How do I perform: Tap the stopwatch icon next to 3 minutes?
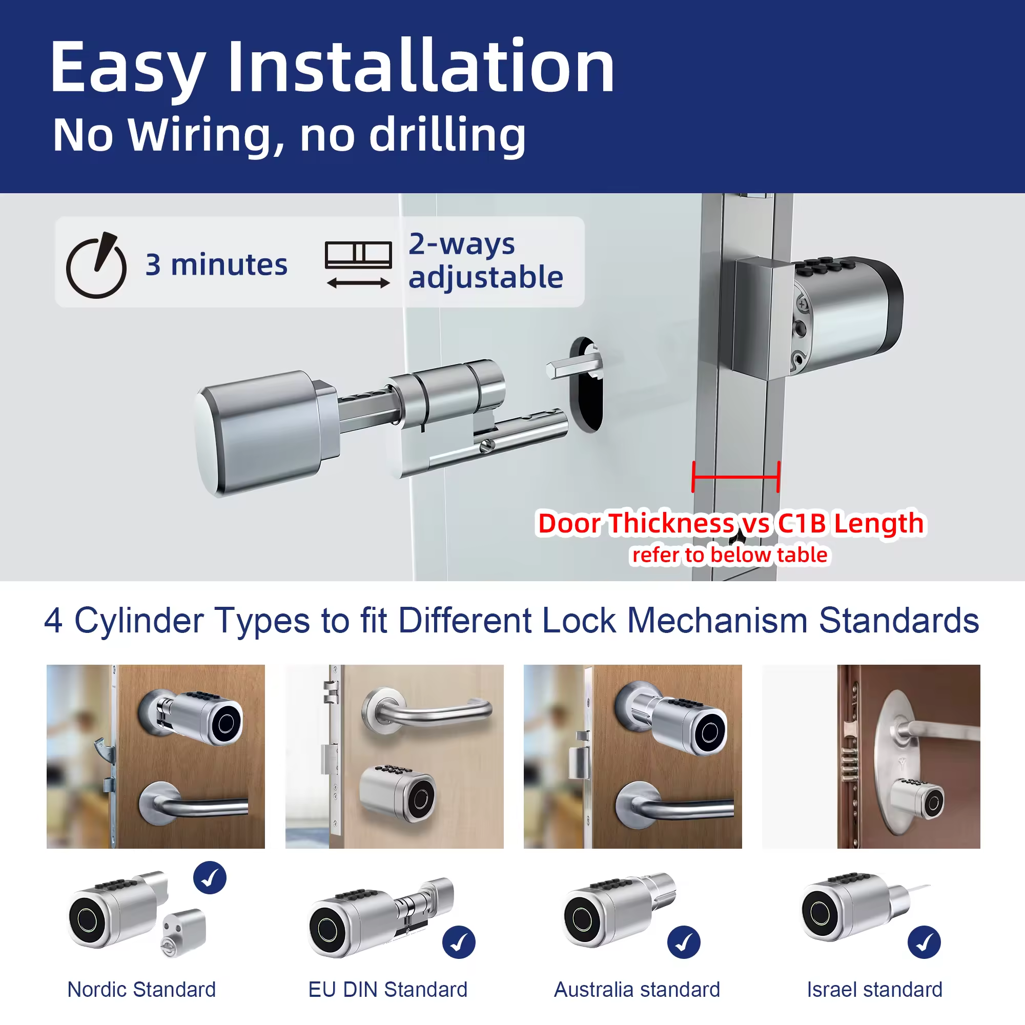click(96, 265)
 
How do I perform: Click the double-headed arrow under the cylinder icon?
click(358, 283)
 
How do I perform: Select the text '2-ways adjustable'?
click(485, 260)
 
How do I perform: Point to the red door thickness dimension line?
click(736, 477)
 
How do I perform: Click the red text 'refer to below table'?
click(729, 555)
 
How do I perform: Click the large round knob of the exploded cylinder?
click(260, 433)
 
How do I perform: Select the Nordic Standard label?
click(141, 990)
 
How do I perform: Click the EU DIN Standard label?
click(388, 990)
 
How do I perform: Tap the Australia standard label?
click(637, 990)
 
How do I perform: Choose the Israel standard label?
click(874, 990)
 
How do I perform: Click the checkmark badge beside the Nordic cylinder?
click(210, 877)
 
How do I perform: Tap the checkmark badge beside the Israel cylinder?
click(924, 942)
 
